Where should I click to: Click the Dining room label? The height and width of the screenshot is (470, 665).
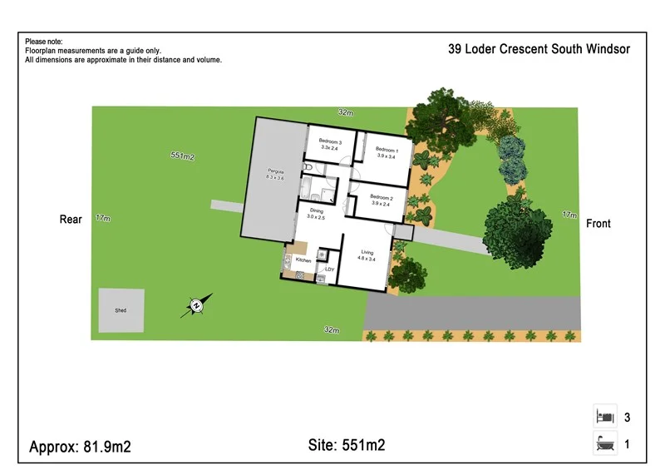click(316, 214)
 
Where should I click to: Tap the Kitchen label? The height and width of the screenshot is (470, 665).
click(303, 261)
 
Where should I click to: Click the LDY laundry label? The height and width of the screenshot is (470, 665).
click(329, 269)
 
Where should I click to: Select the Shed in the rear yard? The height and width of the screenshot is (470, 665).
click(121, 310)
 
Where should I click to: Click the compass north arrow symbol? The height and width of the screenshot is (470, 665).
click(196, 306)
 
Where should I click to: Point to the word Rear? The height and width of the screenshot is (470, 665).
click(71, 220)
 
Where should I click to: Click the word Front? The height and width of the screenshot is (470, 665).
click(598, 224)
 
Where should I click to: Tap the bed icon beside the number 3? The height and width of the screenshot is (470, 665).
click(604, 417)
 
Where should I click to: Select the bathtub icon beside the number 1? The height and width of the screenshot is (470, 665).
click(604, 444)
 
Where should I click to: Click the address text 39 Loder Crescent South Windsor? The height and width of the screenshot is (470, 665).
click(539, 49)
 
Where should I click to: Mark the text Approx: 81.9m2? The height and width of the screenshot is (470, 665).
click(80, 447)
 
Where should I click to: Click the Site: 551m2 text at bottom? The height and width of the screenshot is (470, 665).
click(342, 446)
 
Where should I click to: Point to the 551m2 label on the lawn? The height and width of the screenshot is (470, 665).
click(182, 156)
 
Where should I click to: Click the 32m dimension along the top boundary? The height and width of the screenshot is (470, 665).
click(345, 112)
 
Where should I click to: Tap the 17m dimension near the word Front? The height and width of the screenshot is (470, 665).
click(569, 215)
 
